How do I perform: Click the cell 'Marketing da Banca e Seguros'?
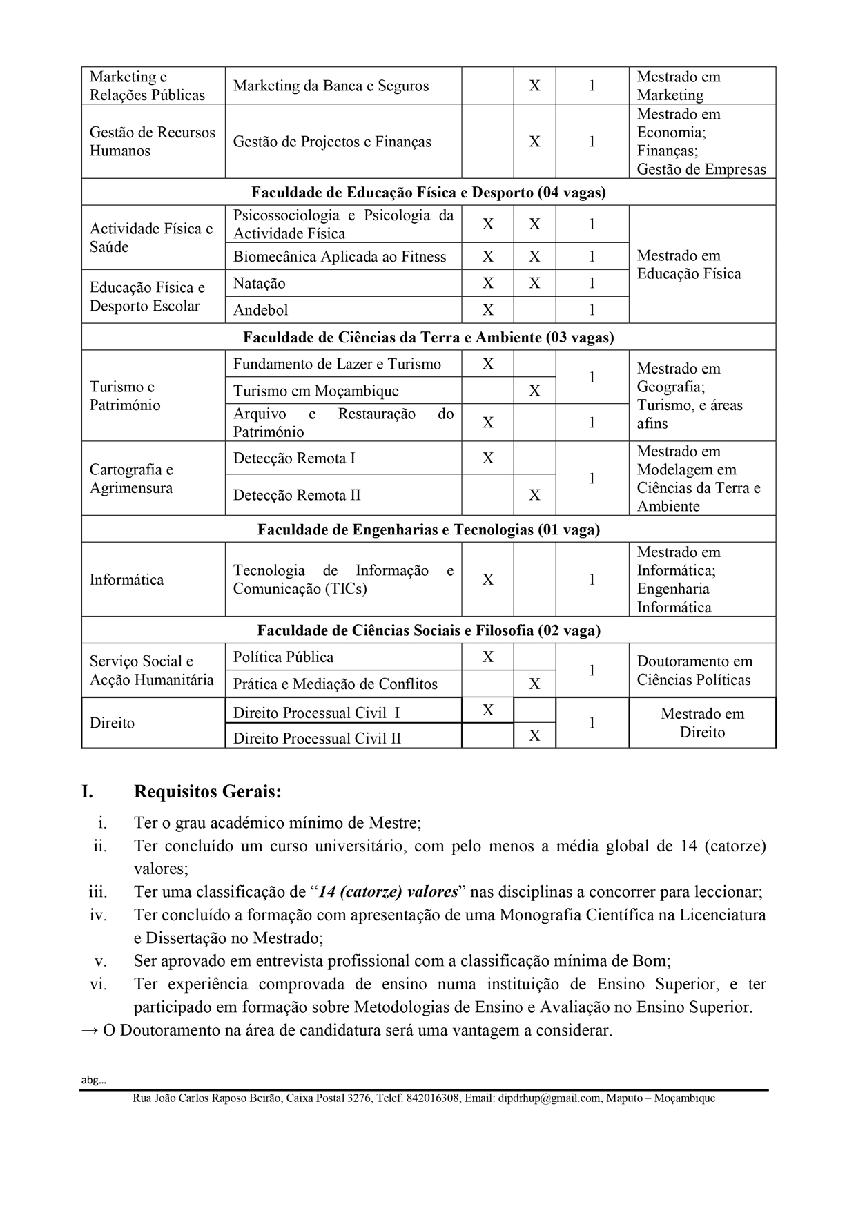tap(331, 86)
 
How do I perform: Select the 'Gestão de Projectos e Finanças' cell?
tap(332, 142)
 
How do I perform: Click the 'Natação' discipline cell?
tap(260, 284)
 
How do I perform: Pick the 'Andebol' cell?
tap(261, 311)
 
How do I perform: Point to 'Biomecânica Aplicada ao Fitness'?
tap(340, 257)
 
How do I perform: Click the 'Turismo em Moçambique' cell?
tap(315, 391)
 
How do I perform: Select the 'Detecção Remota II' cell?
tap(297, 496)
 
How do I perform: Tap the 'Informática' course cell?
tap(127, 580)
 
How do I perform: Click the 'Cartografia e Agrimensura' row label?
tap(131, 479)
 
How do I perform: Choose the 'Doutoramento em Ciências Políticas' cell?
tap(694, 671)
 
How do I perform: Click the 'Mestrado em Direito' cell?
tap(702, 724)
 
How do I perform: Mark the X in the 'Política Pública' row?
tap(488, 657)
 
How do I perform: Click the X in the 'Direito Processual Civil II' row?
tap(534, 737)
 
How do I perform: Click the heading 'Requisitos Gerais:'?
tap(208, 792)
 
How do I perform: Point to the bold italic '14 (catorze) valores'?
tap(389, 892)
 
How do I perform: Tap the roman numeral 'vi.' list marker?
tap(98, 985)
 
